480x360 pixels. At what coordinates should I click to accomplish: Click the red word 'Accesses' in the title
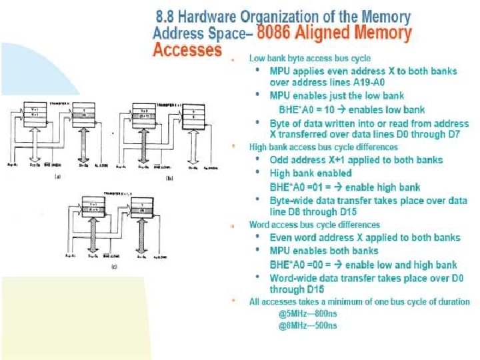click(x=187, y=50)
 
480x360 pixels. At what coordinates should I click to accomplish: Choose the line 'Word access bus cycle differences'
click(x=315, y=225)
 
